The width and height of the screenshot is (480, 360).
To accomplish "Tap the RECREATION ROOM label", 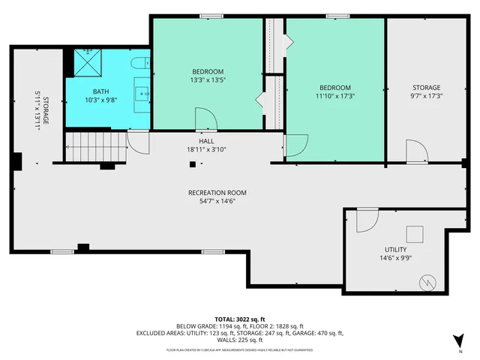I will tap(217, 193).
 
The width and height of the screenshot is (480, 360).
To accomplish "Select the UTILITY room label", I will tap(395, 250).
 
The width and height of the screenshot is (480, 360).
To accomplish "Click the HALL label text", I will tap(206, 141).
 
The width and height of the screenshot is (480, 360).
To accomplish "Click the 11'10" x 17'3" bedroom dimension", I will tap(334, 95).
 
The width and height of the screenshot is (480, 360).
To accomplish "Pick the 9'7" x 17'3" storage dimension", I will tap(425, 95).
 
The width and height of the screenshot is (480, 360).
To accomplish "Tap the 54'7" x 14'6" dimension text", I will tap(217, 201).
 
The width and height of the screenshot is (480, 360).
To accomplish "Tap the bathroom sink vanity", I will tap(142, 92).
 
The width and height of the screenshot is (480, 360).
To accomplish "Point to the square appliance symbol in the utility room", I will tap(415, 234).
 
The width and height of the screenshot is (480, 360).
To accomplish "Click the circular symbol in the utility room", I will tap(428, 284).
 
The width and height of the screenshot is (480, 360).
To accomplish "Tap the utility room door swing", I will tap(366, 219).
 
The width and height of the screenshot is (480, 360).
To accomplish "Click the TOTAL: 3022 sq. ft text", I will tap(239, 318).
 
